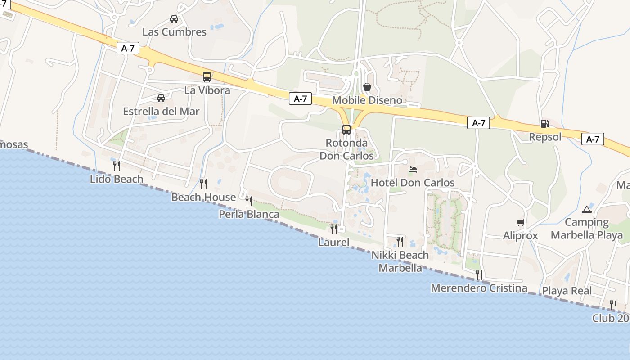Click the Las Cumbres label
(174, 32)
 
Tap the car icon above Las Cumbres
(174, 18)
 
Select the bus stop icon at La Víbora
(207, 77)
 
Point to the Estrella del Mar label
(161, 111)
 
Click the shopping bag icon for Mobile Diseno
(367, 86)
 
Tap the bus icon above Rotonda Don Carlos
(346, 130)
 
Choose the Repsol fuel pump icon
(544, 124)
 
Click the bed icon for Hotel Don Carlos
(413, 170)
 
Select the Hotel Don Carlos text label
(413, 183)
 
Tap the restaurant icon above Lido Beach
(116, 166)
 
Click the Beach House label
(203, 197)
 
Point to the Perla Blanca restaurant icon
(249, 201)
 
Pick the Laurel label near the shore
(333, 242)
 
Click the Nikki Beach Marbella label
(400, 261)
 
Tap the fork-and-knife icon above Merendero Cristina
(479, 274)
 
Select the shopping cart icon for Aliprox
(521, 222)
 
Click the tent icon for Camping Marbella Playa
(586, 209)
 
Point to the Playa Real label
(567, 291)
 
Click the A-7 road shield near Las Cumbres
(128, 49)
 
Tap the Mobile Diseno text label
(367, 100)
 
